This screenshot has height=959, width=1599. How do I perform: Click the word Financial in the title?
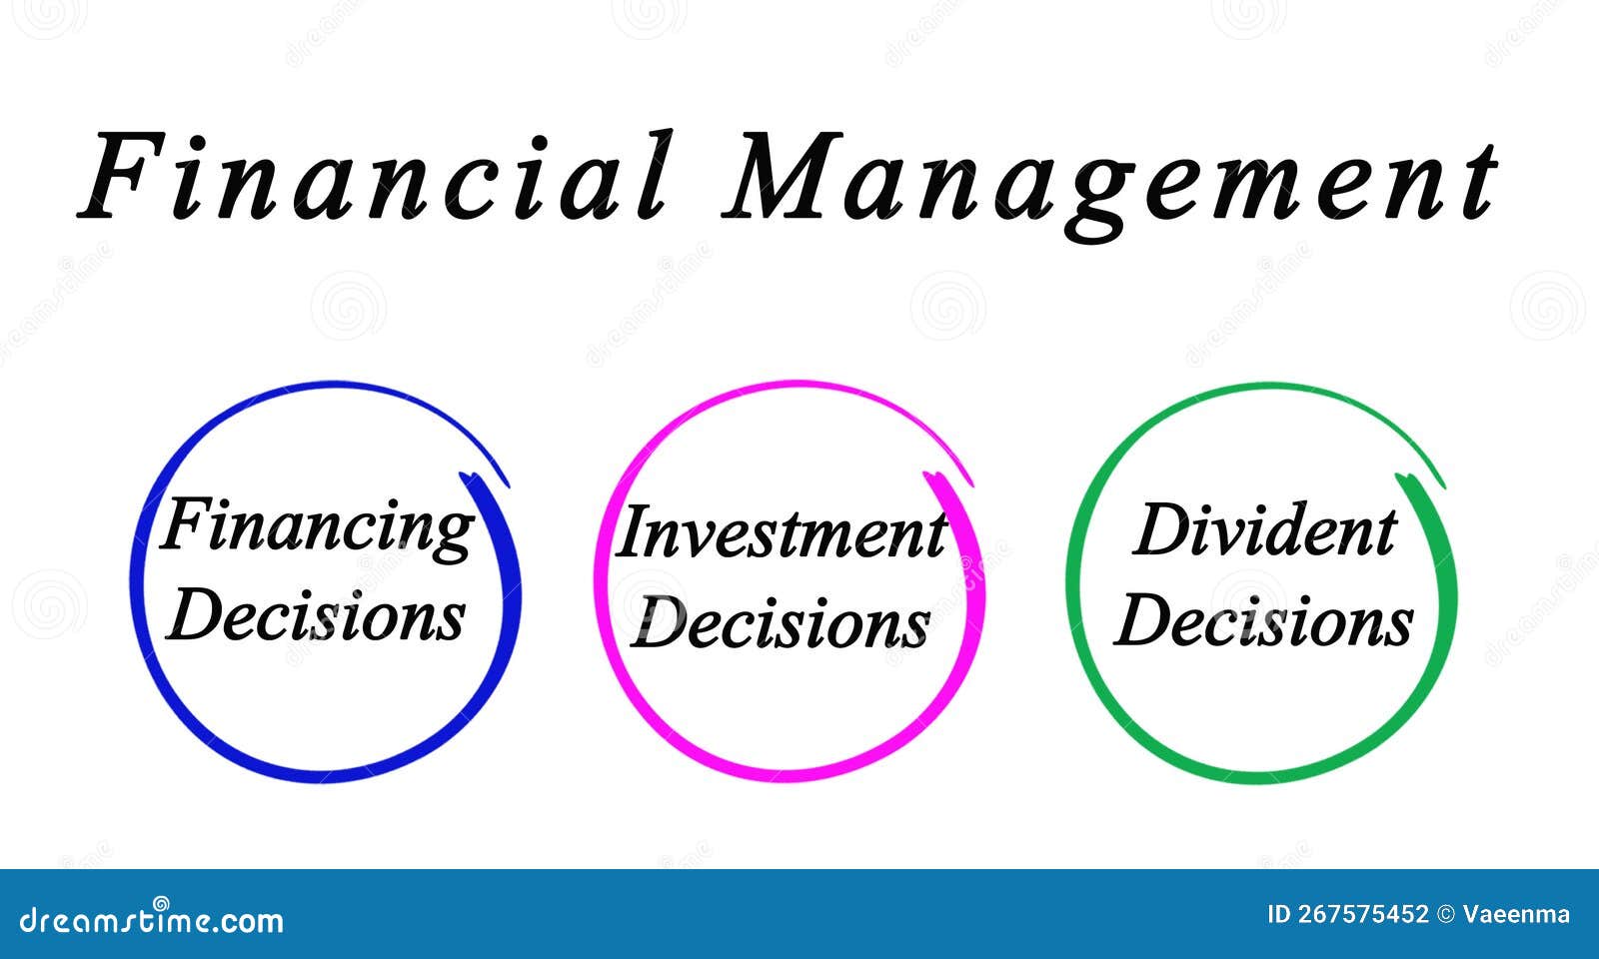pyautogui.click(x=375, y=176)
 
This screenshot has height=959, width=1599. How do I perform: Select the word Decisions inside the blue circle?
pyautogui.click(x=316, y=614)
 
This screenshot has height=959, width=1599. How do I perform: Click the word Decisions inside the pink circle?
pyautogui.click(x=781, y=622)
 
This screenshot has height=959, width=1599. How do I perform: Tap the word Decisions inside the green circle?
pyautogui.click(x=1263, y=620)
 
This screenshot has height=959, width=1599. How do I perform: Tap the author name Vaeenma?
pyautogui.click(x=1516, y=914)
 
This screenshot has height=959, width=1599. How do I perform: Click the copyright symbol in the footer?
pyautogui.click(x=1445, y=915)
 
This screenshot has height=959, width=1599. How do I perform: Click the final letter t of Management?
pyautogui.click(x=1480, y=181)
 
